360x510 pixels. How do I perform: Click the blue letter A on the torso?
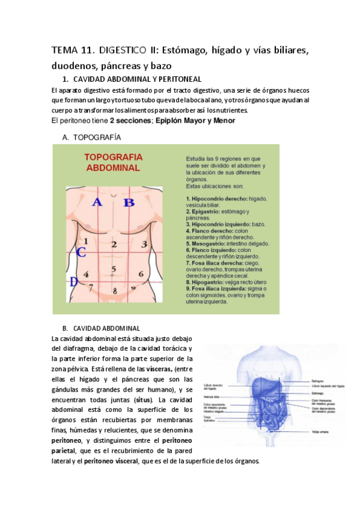96,202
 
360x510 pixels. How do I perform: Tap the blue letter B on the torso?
128,202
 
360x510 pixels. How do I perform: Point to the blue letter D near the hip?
73,281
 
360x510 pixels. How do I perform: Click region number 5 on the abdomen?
113,269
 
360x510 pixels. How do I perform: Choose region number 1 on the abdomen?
86,242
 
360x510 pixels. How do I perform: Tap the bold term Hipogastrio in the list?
207,281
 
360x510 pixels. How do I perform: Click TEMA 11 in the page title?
73,51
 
